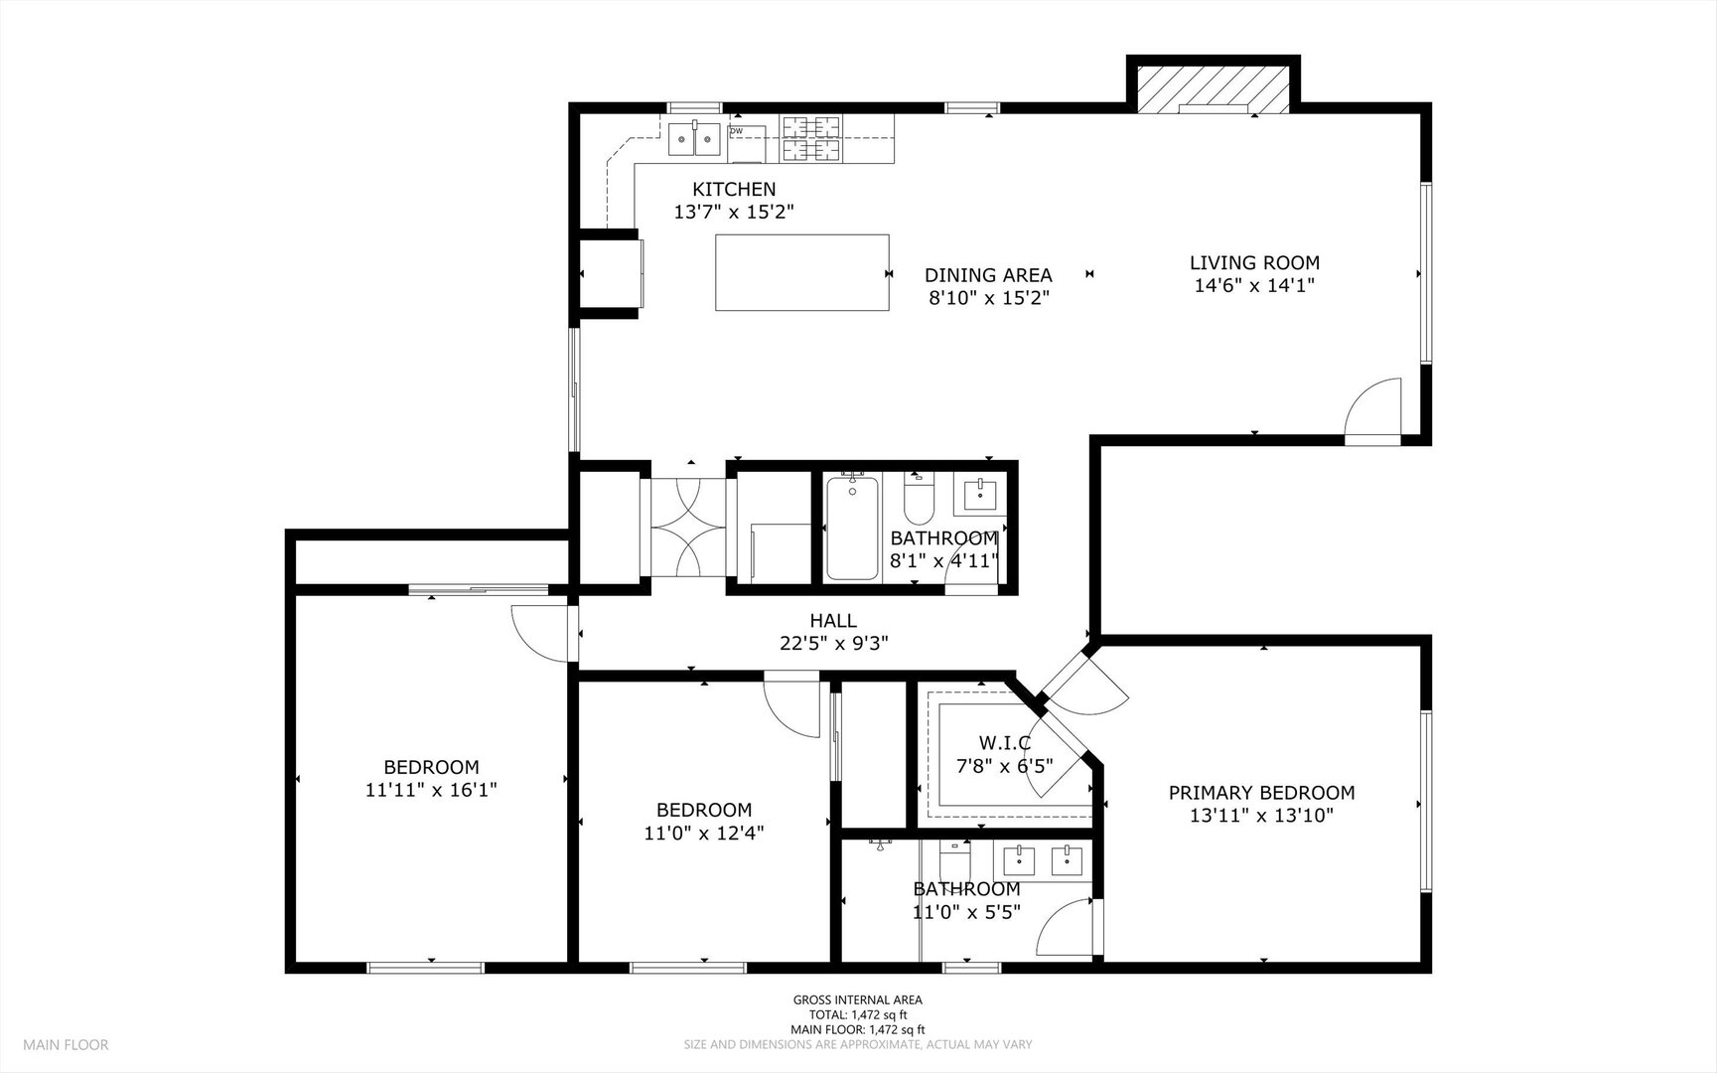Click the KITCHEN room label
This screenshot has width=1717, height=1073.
click(734, 189)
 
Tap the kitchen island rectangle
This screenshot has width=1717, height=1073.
click(802, 272)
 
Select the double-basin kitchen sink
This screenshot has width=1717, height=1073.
click(694, 140)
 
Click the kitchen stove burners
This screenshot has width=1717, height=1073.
click(811, 139)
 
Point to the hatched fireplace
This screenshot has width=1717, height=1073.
click(1214, 89)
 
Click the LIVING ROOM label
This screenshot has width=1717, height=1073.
click(1254, 263)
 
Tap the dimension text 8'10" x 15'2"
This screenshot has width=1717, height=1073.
click(988, 297)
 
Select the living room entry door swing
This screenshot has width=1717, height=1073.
click(1373, 407)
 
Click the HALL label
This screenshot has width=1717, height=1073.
click(833, 621)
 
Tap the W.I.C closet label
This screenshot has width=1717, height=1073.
click(1004, 743)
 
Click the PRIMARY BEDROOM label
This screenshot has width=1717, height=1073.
click(1261, 793)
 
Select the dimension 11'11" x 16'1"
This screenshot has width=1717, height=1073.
click(431, 790)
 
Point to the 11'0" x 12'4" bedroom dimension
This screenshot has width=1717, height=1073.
click(703, 833)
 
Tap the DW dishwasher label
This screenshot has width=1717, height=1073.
click(736, 131)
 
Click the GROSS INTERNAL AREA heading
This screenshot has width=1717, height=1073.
click(857, 1000)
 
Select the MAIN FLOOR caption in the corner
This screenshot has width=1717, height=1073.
click(66, 1045)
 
